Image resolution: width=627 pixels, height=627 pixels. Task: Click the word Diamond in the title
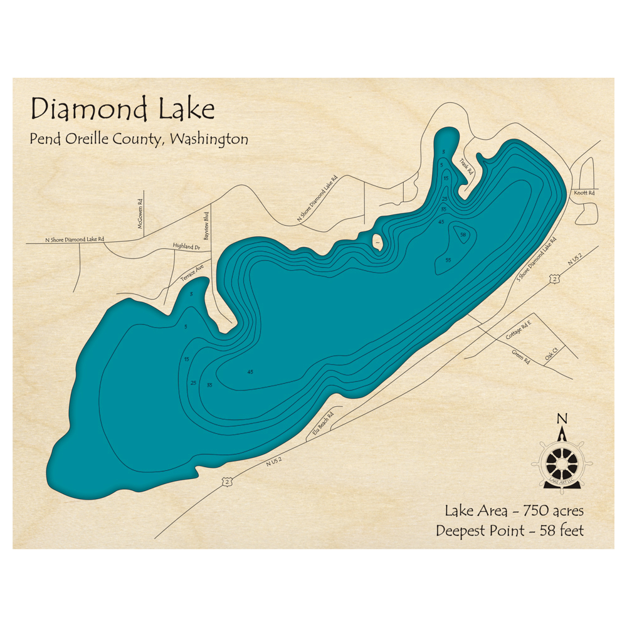point(83,109)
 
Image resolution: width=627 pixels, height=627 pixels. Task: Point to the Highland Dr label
point(186,247)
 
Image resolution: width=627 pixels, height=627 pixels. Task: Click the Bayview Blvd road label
point(206,226)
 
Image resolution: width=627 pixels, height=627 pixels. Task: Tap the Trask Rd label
point(465,166)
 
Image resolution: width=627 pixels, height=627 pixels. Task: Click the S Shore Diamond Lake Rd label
point(536,258)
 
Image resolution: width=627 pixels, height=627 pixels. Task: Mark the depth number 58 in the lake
point(463,235)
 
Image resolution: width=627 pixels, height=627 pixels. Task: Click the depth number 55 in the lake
point(448,260)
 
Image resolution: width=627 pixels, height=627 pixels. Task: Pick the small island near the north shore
point(377,241)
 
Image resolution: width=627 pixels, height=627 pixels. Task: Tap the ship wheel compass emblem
point(562,463)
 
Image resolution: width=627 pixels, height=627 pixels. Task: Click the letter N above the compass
point(562,419)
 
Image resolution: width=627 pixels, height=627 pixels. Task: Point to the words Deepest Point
point(480,531)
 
